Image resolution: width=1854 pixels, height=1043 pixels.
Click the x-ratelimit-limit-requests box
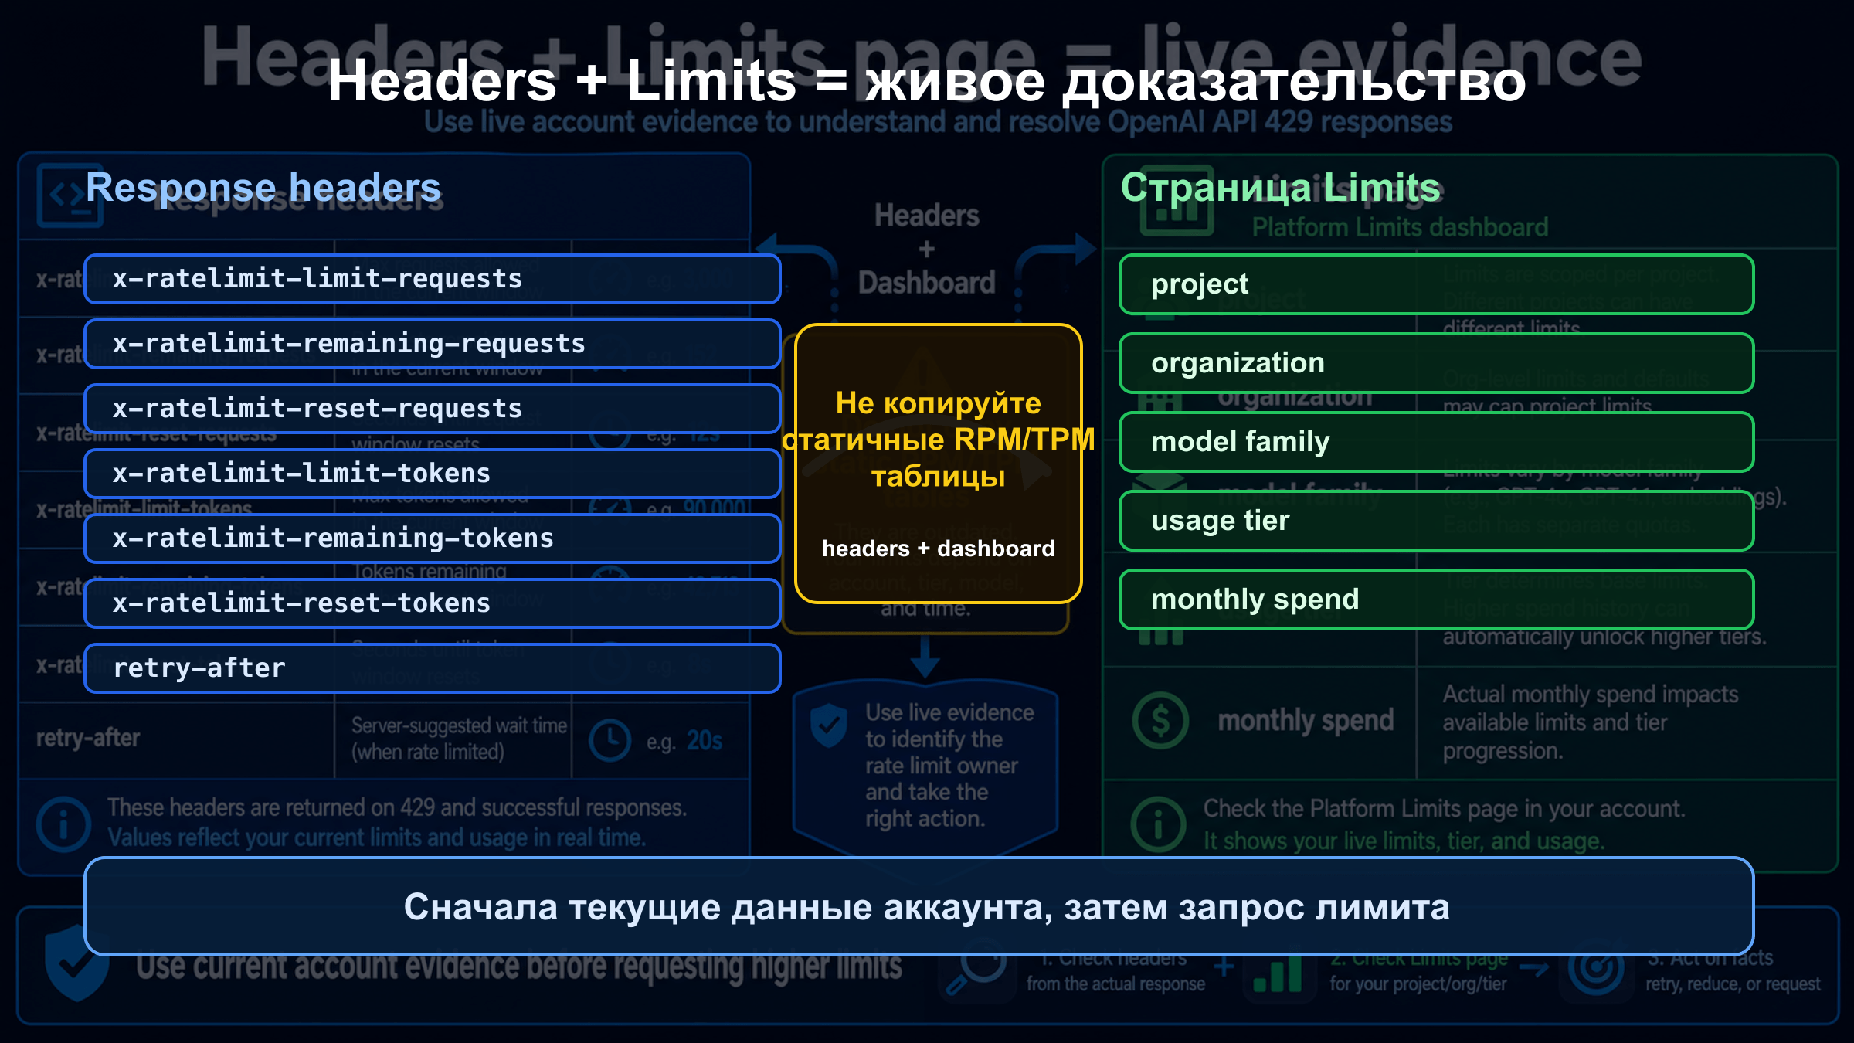432,279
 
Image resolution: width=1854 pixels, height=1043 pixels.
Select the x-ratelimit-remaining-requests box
432,344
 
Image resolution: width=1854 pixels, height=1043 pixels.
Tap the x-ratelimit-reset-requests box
432,409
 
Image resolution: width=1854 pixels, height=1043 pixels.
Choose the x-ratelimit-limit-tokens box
432,474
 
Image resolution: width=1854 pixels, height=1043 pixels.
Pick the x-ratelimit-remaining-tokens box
432,538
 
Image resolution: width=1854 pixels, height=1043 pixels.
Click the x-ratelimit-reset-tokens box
432,603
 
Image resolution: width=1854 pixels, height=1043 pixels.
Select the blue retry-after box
432,668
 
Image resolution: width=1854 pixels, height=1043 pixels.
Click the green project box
1436,284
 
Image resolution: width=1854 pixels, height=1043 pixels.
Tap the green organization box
1436,363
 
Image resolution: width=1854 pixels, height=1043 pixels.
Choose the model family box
1436,442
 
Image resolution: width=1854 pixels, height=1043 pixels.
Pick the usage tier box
1436,521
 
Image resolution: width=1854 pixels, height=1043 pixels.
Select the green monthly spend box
1436,600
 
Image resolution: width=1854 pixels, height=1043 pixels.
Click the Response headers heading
263,188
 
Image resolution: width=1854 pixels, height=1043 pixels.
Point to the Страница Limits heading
1280,188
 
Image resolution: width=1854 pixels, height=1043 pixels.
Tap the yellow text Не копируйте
938,403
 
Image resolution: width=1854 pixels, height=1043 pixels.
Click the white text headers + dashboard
938,549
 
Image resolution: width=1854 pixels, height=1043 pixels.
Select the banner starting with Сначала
919,906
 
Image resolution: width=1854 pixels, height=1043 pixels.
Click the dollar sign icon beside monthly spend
1160,721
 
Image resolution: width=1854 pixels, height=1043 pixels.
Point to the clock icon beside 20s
610,740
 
